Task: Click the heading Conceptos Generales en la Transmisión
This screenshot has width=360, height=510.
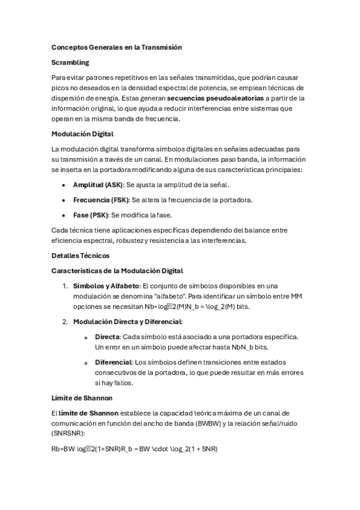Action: [x=117, y=47]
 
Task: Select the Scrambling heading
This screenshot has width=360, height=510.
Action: [x=70, y=62]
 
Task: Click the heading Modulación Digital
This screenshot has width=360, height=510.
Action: [x=82, y=134]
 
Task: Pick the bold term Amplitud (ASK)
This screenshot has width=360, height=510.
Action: [x=97, y=185]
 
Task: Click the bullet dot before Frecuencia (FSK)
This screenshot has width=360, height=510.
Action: [x=63, y=200]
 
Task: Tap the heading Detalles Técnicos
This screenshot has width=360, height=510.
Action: [x=81, y=256]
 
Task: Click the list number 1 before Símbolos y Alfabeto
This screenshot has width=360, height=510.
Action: [x=64, y=286]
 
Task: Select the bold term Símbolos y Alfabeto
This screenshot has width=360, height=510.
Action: [x=106, y=286]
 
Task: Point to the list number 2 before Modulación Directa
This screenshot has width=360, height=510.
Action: [x=64, y=322]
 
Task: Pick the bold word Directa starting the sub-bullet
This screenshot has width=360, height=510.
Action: [x=107, y=337]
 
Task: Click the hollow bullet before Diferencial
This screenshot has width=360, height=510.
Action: [x=87, y=363]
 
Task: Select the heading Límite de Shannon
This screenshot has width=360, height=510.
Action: [x=81, y=398]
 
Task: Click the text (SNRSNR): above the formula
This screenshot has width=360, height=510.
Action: [x=68, y=434]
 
